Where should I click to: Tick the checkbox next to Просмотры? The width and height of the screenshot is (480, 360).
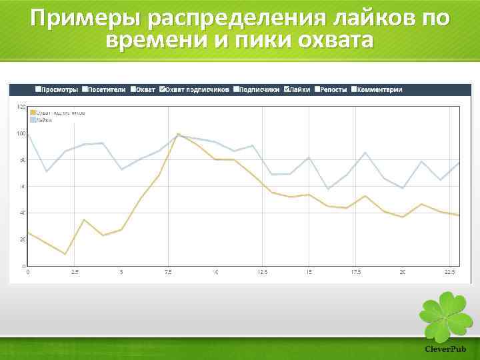coord(37,89)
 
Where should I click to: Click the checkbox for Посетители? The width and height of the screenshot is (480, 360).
coord(85,89)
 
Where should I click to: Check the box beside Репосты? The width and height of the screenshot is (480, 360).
coord(319,89)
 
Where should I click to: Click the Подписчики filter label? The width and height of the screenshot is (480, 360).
coord(259,89)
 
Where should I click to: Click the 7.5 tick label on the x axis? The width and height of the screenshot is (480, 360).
coord(168,272)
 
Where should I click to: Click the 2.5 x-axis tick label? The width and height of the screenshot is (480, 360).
coord(75,272)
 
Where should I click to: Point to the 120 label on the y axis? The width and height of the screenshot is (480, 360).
coord(21,107)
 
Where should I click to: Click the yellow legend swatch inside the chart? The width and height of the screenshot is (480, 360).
coord(32,113)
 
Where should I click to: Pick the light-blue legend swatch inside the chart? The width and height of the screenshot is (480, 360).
coord(32,120)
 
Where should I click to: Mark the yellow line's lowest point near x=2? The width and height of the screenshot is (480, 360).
coord(65,254)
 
